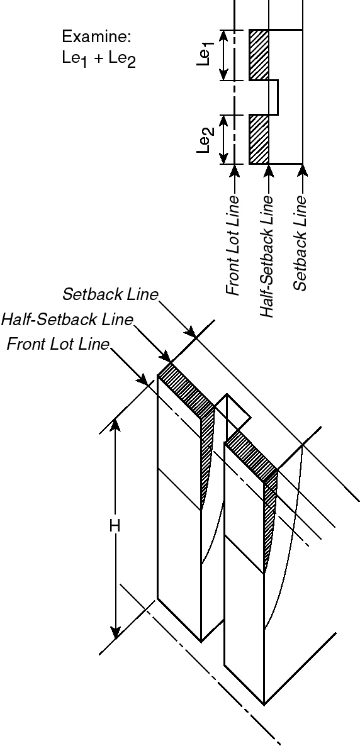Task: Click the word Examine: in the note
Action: pyautogui.click(x=97, y=36)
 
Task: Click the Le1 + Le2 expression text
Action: pyautogui.click(x=99, y=60)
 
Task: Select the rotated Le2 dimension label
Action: pyautogui.click(x=207, y=140)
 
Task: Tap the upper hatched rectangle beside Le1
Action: pyautogui.click(x=259, y=55)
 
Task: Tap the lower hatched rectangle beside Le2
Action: pyautogui.click(x=259, y=139)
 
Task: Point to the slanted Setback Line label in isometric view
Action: pyautogui.click(x=111, y=294)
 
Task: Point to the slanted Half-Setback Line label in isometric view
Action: pyautogui.click(x=67, y=320)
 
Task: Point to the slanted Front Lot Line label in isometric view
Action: pyautogui.click(x=58, y=345)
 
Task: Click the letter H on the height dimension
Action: pyautogui.click(x=115, y=526)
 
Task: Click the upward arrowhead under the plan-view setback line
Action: pyautogui.click(x=303, y=169)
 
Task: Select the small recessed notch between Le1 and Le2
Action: pyautogui.click(x=273, y=97)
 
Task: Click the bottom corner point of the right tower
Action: pyautogui.click(x=264, y=704)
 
